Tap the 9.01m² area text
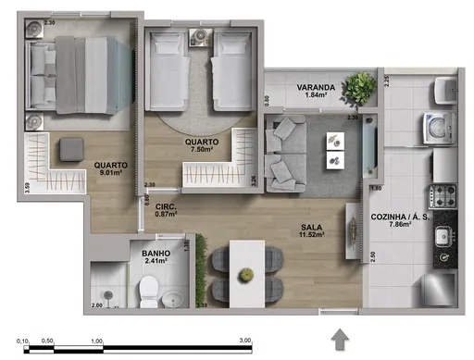click(111, 177)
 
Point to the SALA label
click(312, 227)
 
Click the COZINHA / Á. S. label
click(401, 216)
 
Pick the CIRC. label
click(167, 206)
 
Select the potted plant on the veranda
click(356, 88)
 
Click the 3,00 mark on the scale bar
click(245, 341)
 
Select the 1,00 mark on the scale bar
click(95, 341)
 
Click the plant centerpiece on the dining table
click(245, 275)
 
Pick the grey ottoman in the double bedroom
click(70, 150)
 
